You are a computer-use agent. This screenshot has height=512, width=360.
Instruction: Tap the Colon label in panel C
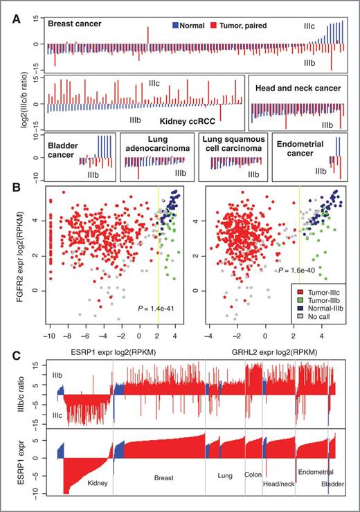253,475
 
